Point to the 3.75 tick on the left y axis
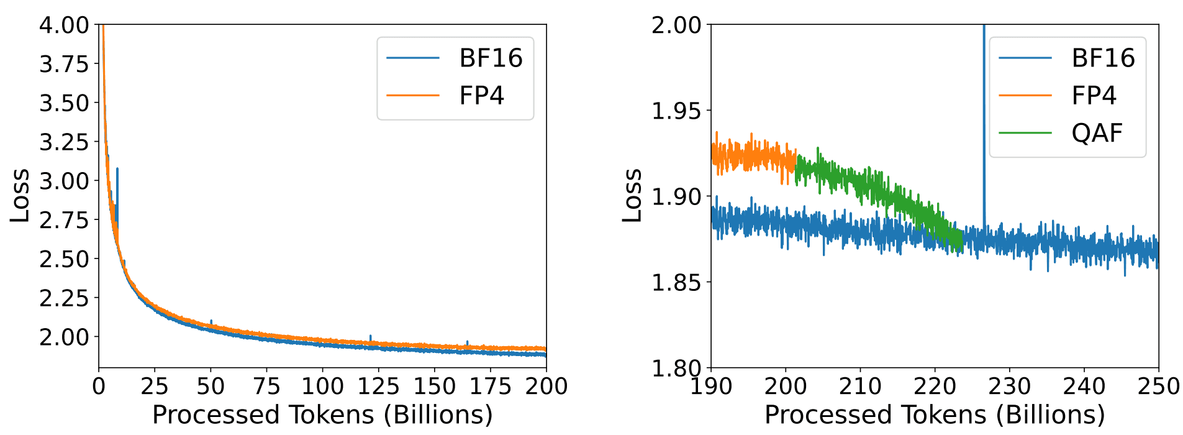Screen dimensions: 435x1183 click(x=65, y=64)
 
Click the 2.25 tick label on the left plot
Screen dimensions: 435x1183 click(x=65, y=298)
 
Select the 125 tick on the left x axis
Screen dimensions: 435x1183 click(x=378, y=387)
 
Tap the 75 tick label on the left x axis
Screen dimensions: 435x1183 click(x=266, y=387)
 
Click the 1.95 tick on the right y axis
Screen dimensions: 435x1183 click(x=676, y=111)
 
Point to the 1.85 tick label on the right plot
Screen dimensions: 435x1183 click(x=676, y=283)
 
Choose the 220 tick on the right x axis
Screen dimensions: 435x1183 click(x=935, y=387)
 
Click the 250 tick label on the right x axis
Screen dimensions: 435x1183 click(x=1158, y=387)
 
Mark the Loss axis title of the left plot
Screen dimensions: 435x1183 click(x=20, y=195)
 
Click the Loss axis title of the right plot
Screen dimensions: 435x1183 click(x=632, y=195)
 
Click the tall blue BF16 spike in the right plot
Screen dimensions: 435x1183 click(x=984, y=124)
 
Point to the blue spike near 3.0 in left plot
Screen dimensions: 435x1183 click(x=117, y=186)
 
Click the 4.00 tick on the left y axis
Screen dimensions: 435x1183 click(x=65, y=25)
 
